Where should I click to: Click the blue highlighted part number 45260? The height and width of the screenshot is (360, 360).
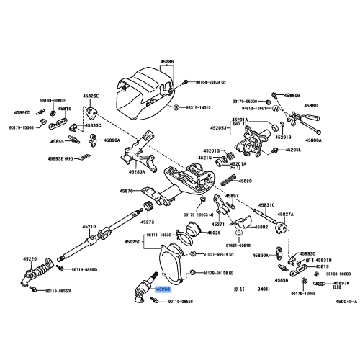[x=159, y=289]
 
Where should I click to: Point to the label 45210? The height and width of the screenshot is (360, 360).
[x=89, y=227]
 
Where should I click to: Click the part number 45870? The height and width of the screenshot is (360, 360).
[x=126, y=192]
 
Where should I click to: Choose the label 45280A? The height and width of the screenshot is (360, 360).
[x=137, y=172]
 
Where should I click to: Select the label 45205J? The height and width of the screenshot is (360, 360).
[x=218, y=128]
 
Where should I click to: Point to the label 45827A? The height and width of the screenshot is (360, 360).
[x=286, y=214]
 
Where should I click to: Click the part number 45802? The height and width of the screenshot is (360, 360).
[x=260, y=227]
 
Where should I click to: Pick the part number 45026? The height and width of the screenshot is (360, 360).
[x=214, y=233]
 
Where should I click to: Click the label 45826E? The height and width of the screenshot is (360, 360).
[x=91, y=95]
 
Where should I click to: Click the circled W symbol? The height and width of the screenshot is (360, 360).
[x=275, y=109]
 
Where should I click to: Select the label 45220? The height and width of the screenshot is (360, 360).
[x=30, y=257]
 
